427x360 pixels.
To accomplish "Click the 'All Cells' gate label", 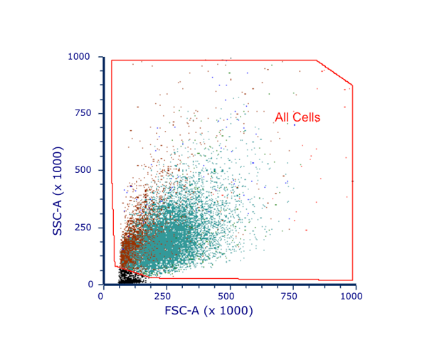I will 297,118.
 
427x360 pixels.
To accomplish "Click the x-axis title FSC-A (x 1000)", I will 209,311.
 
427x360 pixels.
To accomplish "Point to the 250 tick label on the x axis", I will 164,295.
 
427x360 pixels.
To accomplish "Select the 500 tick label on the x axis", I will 227,295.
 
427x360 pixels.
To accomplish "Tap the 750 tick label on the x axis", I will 290,295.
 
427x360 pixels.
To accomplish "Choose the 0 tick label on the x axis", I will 101,295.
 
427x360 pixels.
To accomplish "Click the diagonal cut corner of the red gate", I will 334,73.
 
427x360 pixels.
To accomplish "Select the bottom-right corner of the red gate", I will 352,280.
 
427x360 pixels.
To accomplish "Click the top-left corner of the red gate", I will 112,60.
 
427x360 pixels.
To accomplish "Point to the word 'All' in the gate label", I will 283,118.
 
